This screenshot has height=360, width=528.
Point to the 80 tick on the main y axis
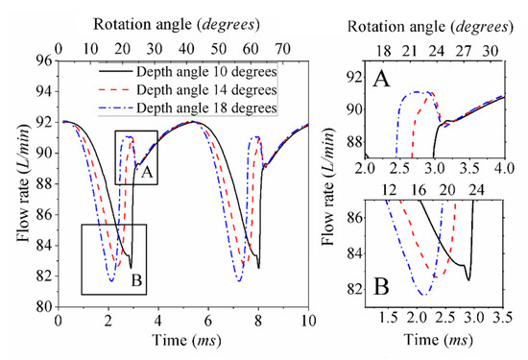tap(46, 307)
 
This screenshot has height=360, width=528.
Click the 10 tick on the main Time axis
tap(307, 320)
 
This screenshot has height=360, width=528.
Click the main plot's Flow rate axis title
tap(17, 182)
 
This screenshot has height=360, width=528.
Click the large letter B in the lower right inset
tap(383, 284)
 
